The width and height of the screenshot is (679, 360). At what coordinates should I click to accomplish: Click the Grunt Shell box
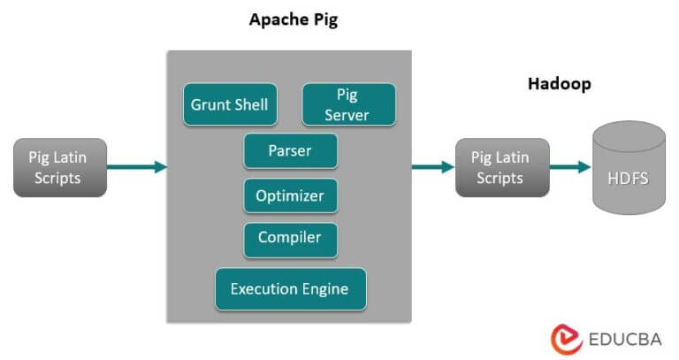point(230,105)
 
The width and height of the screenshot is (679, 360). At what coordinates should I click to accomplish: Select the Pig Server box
point(348,104)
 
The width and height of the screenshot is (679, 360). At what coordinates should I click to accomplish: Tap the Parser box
point(290,150)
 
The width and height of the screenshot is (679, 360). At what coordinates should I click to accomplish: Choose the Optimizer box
point(290,195)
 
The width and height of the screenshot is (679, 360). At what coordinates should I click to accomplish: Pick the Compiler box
point(290,238)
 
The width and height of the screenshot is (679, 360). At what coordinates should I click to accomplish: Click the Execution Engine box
point(290,288)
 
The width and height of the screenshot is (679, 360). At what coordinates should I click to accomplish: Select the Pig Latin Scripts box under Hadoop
point(500,167)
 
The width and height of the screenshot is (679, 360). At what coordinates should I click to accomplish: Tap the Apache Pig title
point(293,20)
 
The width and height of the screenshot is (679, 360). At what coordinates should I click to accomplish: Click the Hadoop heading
point(559,84)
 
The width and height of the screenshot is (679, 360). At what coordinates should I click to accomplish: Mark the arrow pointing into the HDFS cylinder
point(569,167)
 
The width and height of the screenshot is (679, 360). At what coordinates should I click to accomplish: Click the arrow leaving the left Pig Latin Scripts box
point(136,166)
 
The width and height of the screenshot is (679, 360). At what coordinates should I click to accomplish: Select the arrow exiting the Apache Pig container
point(432,166)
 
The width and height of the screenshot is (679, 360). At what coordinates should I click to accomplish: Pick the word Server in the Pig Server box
point(347,115)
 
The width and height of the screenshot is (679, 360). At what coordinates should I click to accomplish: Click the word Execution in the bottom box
point(262,288)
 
